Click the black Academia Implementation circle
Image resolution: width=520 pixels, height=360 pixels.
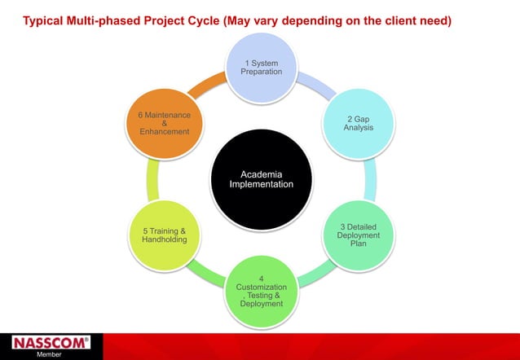pyautogui.click(x=260, y=179)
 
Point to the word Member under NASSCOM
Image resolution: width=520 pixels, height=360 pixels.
pyautogui.click(x=49, y=355)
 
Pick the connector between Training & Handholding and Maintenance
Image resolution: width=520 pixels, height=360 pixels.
pyautogui.click(x=151, y=179)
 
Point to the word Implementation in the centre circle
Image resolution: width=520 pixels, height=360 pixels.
pyautogui.click(x=261, y=185)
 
